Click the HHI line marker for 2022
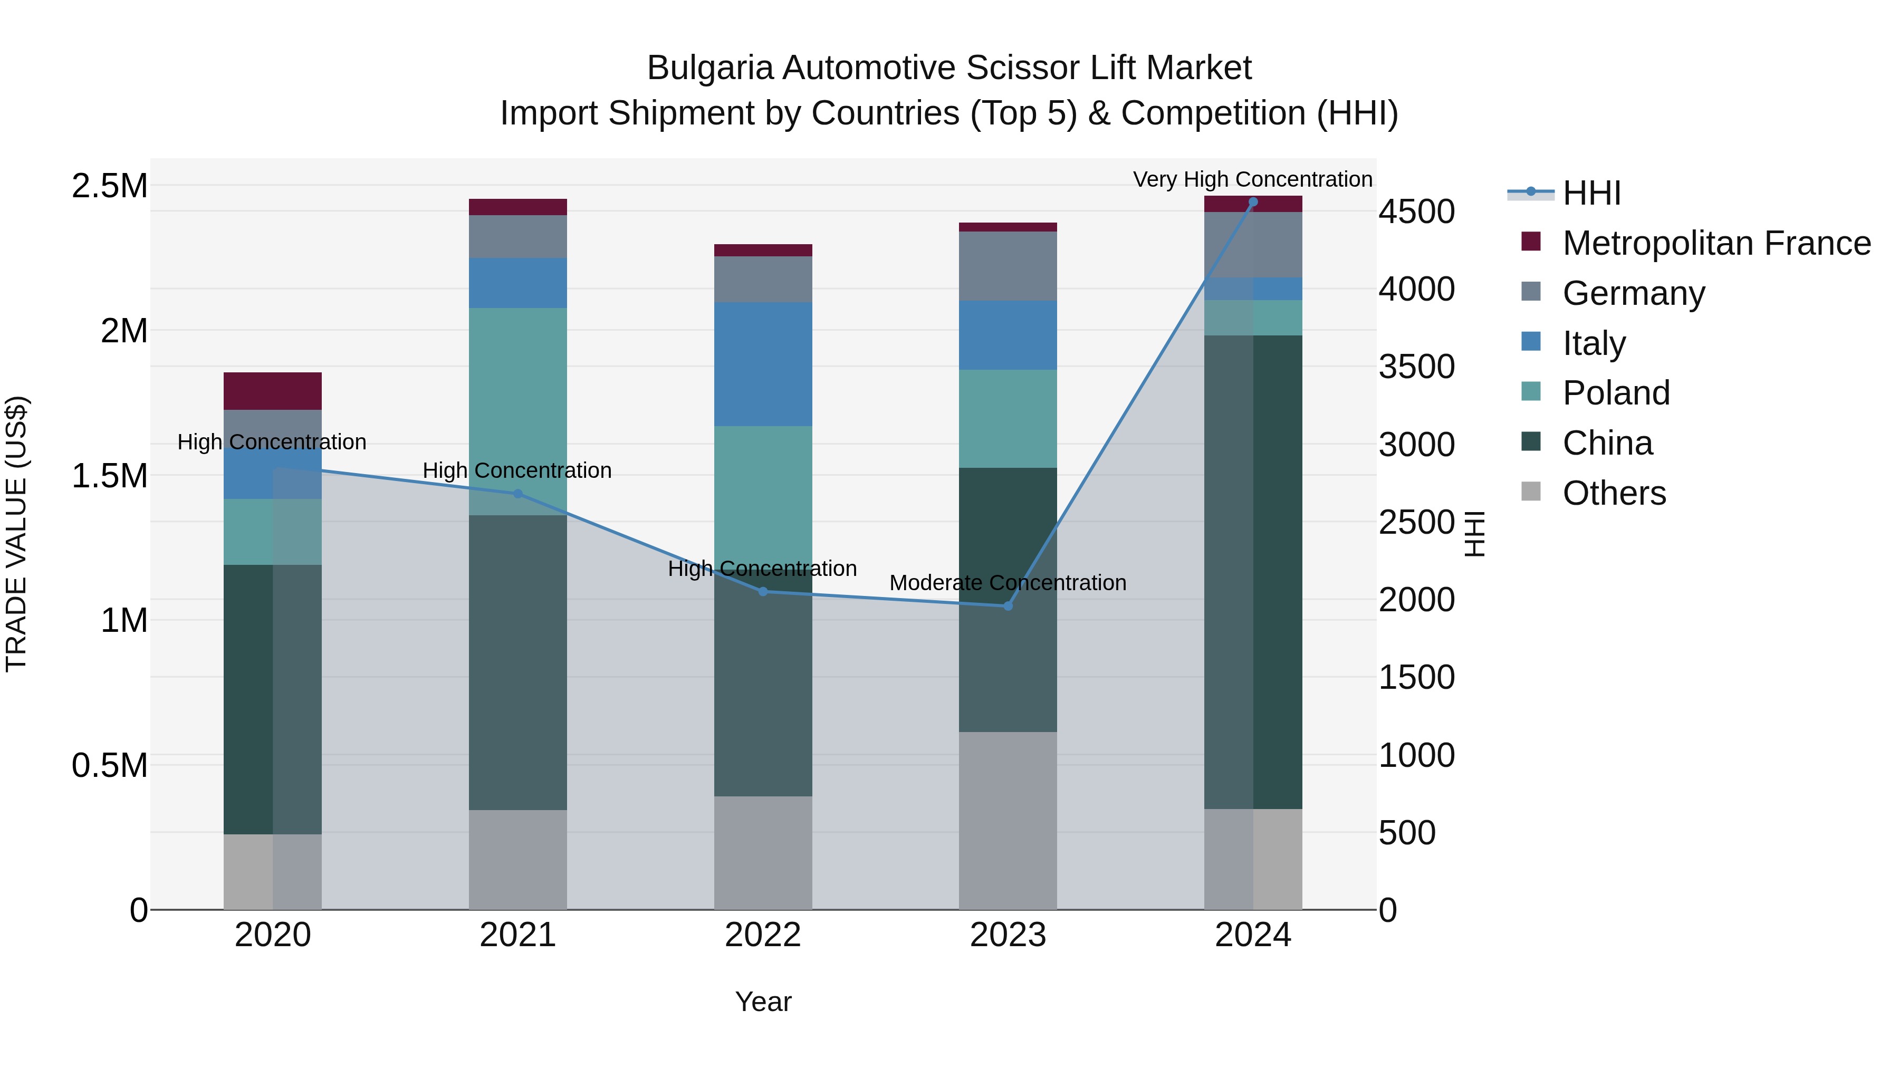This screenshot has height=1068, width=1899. tap(763, 591)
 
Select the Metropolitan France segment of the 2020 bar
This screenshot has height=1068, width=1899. tap(272, 391)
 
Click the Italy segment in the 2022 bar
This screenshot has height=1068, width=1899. tap(763, 363)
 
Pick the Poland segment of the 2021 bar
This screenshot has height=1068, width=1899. tap(517, 398)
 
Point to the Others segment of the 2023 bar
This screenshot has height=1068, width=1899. tap(1008, 820)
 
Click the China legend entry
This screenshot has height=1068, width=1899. tap(1607, 443)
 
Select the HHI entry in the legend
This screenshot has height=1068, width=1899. tap(1591, 193)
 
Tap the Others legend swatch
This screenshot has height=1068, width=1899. tap(1531, 492)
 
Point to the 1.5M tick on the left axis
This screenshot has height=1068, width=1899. tap(110, 475)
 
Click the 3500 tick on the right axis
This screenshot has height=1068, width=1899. tap(1416, 367)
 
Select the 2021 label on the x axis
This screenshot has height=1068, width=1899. tap(517, 935)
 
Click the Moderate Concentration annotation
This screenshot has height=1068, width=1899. tap(1008, 582)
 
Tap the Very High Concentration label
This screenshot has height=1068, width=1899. tap(1252, 179)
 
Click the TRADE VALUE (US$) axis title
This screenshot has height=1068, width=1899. tap(16, 534)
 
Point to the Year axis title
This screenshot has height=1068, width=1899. tap(763, 1002)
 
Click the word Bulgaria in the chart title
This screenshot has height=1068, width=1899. tap(710, 68)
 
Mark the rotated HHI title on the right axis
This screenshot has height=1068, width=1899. tap(1474, 534)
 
